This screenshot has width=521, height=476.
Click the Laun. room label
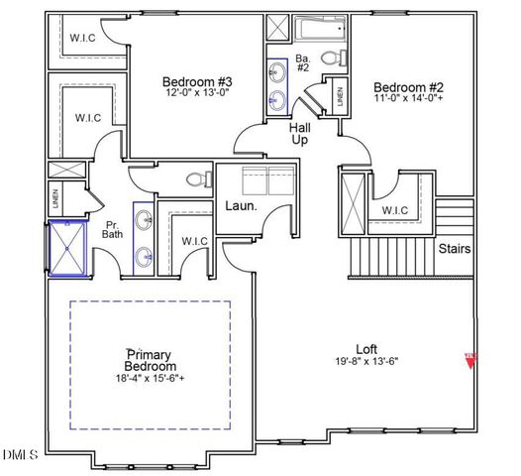[x=241, y=206]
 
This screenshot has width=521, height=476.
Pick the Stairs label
[x=455, y=249]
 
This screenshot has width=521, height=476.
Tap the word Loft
[x=366, y=349]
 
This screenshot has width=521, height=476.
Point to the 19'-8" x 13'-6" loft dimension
[x=366, y=362]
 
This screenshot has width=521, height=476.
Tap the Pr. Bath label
[x=114, y=230]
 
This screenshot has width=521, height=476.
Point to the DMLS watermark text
[x=21, y=455]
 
